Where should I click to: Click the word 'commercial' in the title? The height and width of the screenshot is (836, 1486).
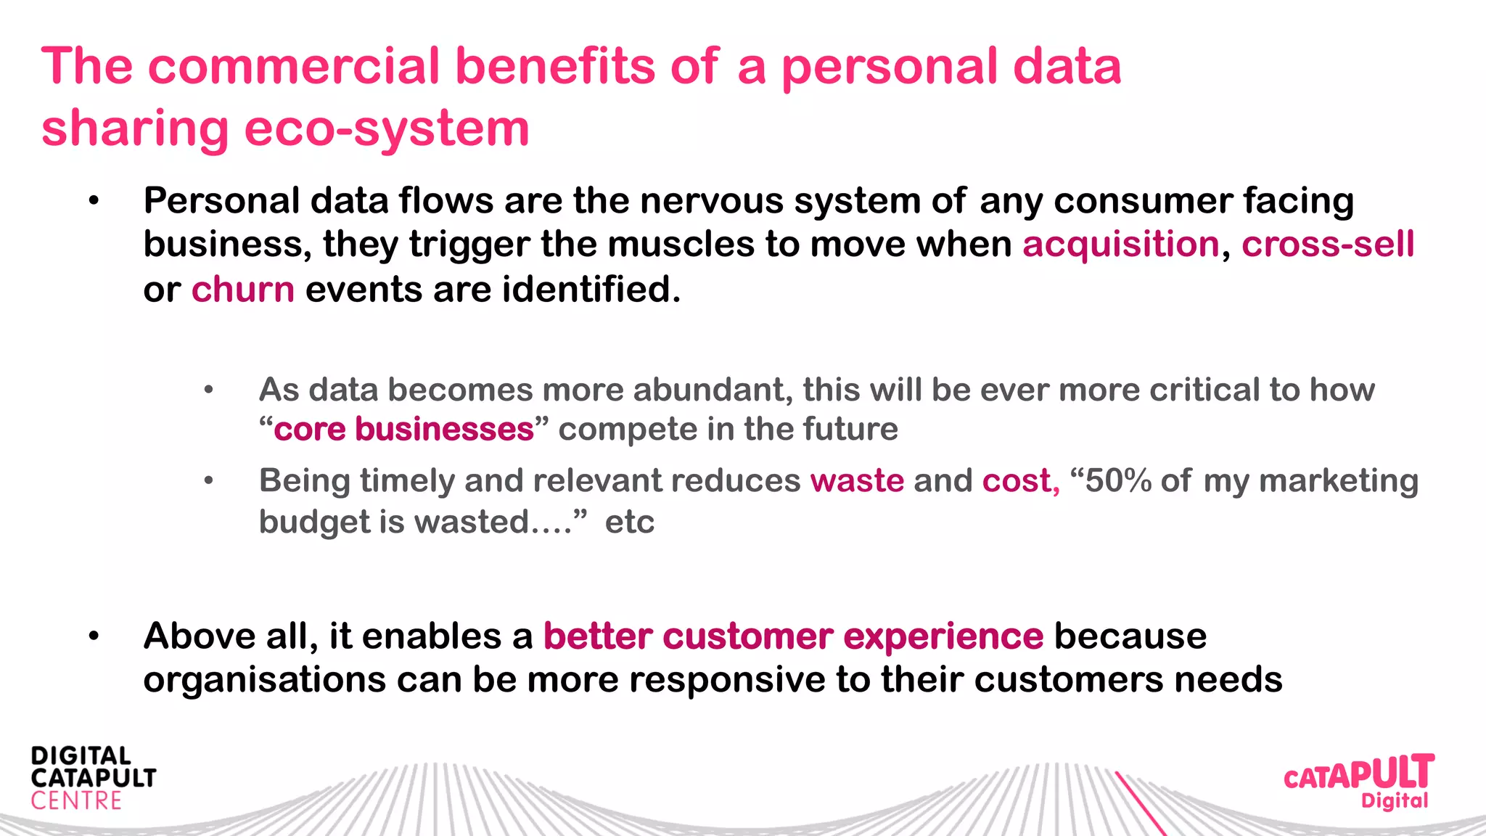pos(294,67)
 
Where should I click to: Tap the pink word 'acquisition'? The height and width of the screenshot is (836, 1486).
pos(1121,245)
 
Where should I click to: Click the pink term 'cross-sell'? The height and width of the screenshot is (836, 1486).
pos(1327,245)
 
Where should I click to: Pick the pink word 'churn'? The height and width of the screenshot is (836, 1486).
pos(242,290)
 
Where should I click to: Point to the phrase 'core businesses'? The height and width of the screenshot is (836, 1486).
pos(403,429)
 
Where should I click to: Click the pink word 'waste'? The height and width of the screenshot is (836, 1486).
pos(857,481)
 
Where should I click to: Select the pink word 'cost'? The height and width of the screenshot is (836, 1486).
pos(1017,481)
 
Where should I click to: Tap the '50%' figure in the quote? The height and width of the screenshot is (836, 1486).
pos(1117,481)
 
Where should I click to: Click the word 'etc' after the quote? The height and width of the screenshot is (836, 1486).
pos(629,522)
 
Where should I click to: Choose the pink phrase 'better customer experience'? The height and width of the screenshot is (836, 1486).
pos(793,636)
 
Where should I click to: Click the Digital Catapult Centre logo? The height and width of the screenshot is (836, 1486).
pos(93,778)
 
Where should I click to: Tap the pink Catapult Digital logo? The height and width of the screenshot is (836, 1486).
pos(1358,781)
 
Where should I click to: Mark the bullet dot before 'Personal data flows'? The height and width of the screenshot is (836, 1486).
pos(94,202)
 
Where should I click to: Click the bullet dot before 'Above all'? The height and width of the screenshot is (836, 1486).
pos(94,637)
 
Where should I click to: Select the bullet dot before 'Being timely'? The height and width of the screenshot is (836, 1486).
pos(209,481)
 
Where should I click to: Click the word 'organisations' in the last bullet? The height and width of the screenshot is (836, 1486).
pos(264,681)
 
